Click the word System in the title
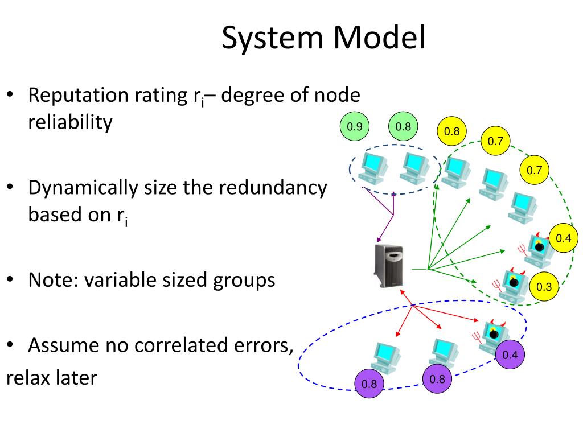pyautogui.click(x=273, y=38)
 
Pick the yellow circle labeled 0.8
pyautogui.click(x=452, y=131)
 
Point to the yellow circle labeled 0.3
pyautogui.click(x=544, y=287)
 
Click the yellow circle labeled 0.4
pyautogui.click(x=564, y=238)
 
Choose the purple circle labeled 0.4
pyautogui.click(x=510, y=356)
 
